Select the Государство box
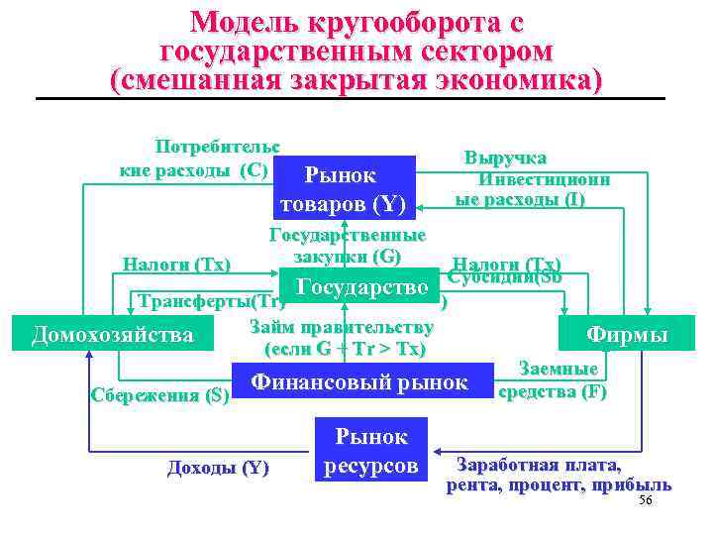361,288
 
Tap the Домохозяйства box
113,335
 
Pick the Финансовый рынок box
359,382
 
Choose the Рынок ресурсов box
371,451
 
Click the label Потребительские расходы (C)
196,159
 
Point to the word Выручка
505,159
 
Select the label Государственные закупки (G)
348,246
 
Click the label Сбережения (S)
159,396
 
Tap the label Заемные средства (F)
553,380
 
